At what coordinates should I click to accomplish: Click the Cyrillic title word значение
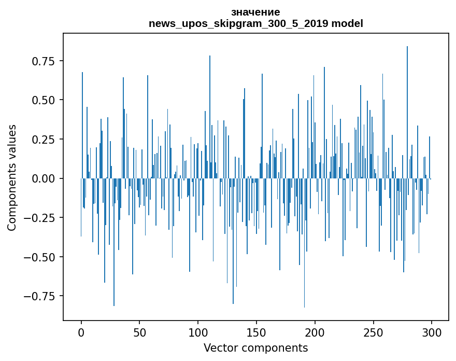point(255,12)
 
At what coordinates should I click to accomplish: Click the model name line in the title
point(255,23)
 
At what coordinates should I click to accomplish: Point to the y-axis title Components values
point(12,177)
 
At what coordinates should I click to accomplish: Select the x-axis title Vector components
point(255,348)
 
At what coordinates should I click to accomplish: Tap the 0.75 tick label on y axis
point(44,61)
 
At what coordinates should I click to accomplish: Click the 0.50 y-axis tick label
point(44,100)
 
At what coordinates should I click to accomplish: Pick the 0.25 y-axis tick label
point(44,139)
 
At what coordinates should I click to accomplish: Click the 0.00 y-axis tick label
point(44,178)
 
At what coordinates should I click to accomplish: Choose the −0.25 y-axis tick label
point(40,217)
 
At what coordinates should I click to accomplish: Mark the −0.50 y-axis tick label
point(40,257)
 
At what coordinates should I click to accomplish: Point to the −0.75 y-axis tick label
point(40,296)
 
